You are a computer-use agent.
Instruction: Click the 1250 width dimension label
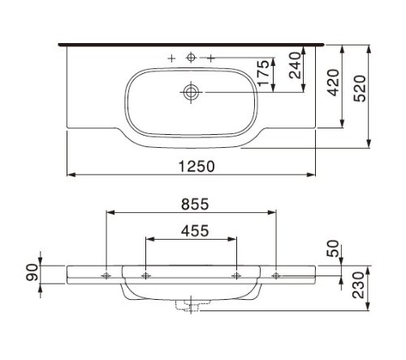click(x=197, y=166)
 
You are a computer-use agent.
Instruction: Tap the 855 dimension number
click(x=195, y=204)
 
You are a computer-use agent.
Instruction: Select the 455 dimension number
click(x=195, y=231)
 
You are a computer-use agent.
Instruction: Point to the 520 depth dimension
click(x=360, y=89)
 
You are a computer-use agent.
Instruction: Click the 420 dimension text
click(x=333, y=82)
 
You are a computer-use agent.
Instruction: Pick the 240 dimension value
click(x=295, y=65)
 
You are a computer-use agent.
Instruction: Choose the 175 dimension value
click(x=264, y=73)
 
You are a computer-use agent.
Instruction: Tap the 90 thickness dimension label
click(x=32, y=272)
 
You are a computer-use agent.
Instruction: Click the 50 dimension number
click(x=333, y=248)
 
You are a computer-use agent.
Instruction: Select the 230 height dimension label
click(x=359, y=285)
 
